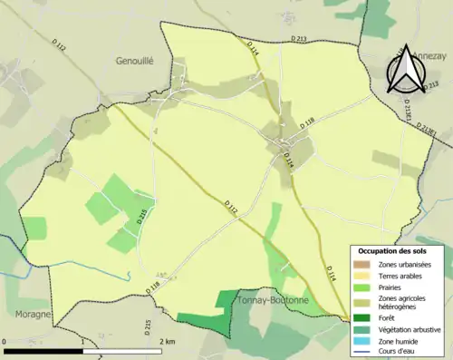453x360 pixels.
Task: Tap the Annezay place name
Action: (x=428, y=54)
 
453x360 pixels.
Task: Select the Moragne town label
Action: (x=27, y=314)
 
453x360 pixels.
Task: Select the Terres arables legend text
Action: (x=400, y=276)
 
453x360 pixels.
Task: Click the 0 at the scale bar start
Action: (x=5, y=342)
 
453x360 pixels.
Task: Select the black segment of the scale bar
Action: (x=45, y=351)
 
